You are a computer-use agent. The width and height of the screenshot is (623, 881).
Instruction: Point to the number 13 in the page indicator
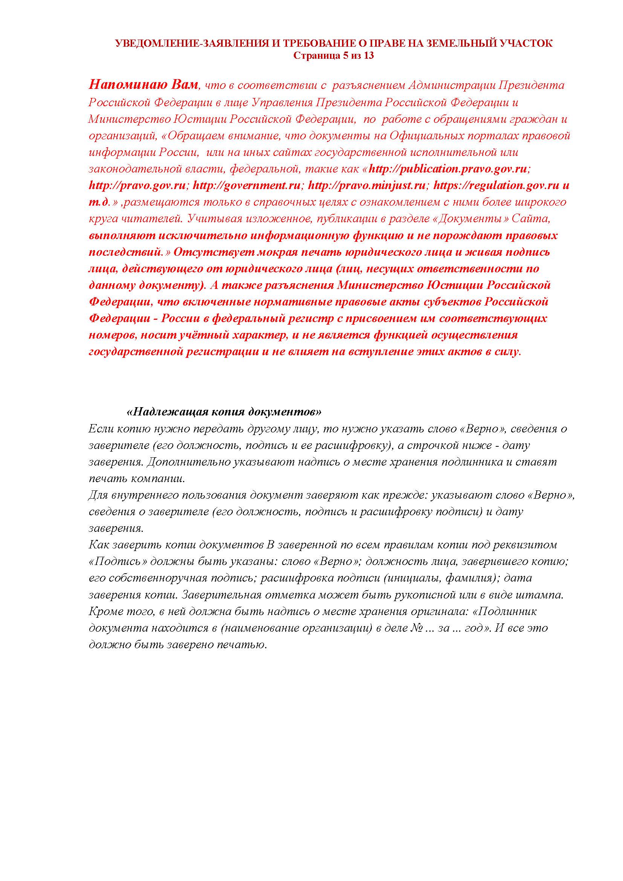pos(368,56)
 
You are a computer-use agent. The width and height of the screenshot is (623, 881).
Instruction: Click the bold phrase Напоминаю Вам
pos(144,85)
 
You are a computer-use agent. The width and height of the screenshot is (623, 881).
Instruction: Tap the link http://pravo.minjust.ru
pos(367,186)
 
